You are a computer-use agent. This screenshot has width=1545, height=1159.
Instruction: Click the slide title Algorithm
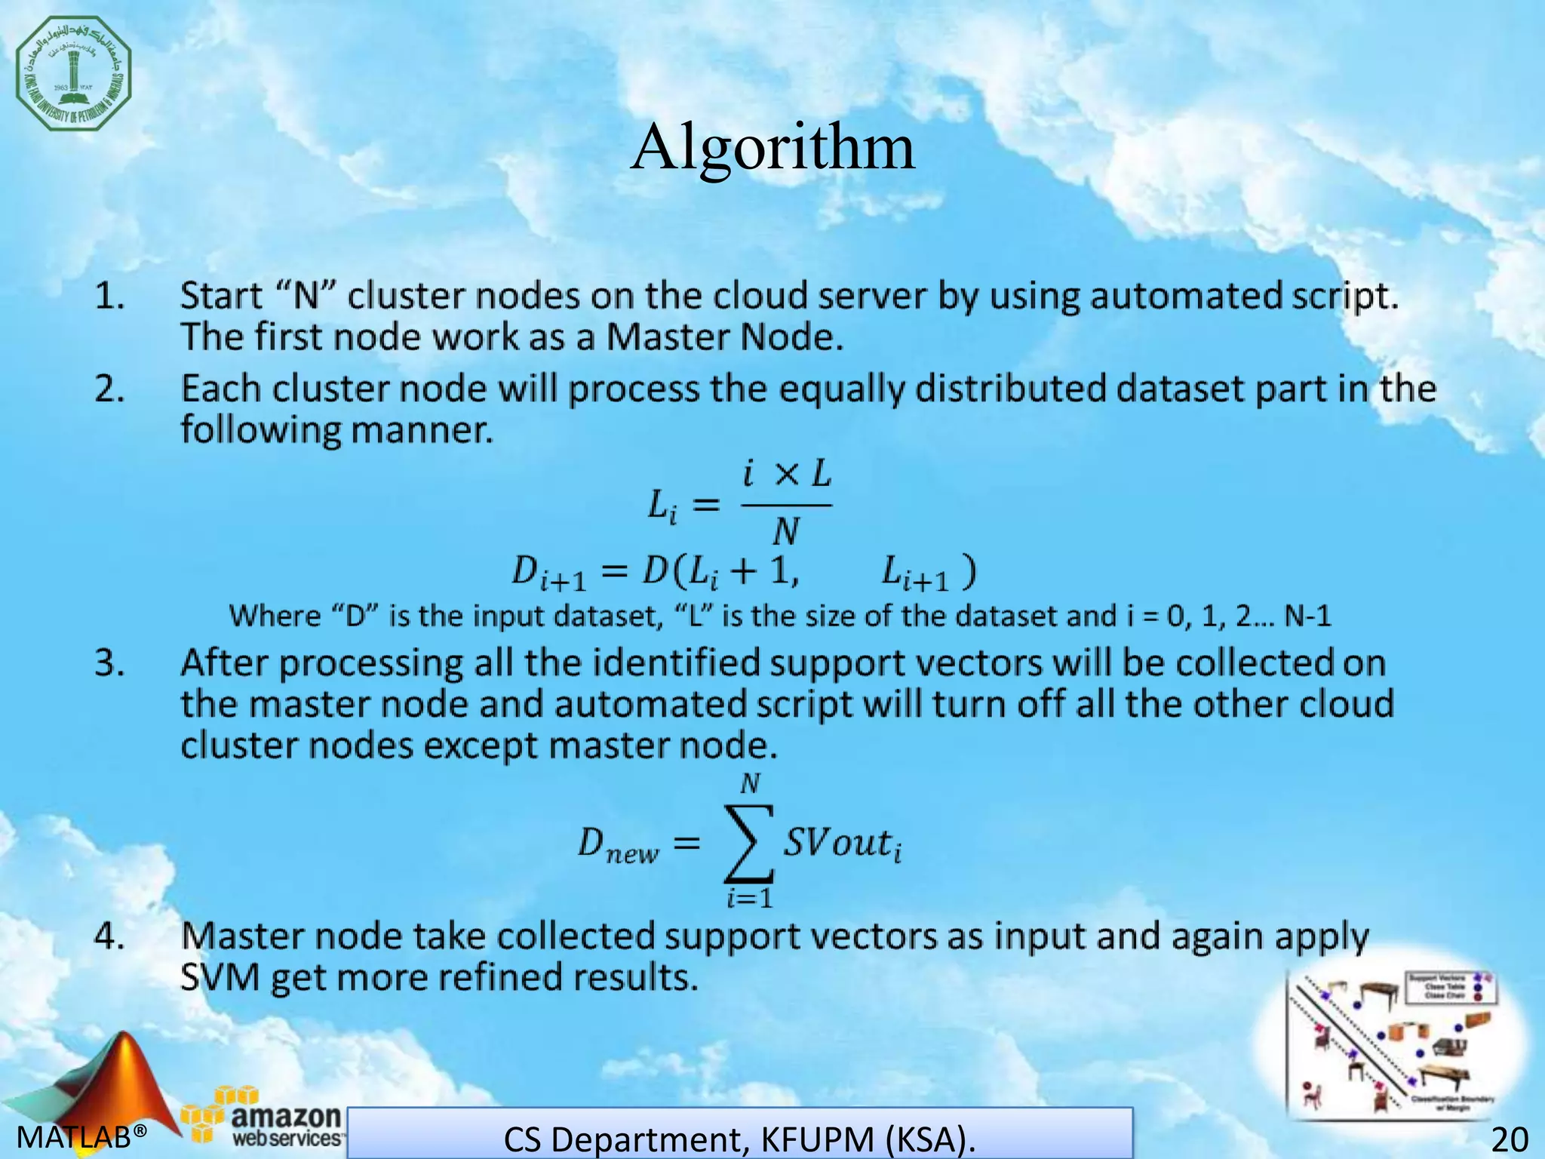(772, 147)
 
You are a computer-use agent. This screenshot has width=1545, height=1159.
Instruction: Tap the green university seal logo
(74, 73)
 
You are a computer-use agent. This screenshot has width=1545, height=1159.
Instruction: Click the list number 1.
(109, 297)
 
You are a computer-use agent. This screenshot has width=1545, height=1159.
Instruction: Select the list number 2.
(110, 390)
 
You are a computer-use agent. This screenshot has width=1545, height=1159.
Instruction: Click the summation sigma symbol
(748, 844)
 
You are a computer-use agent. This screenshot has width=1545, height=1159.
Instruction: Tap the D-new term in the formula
(617, 845)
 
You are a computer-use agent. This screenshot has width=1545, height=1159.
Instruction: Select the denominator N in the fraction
(785, 533)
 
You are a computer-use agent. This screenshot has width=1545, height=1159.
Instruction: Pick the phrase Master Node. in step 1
(724, 337)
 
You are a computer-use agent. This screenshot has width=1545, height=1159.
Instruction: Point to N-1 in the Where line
(1308, 616)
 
